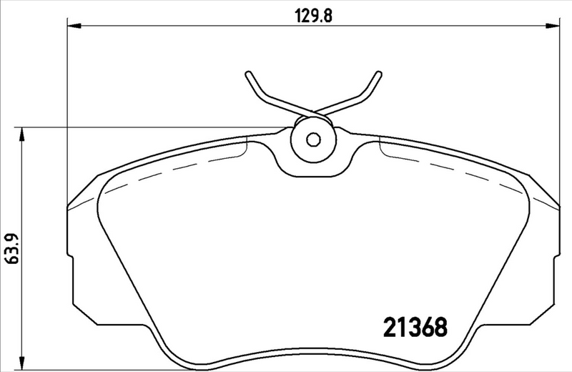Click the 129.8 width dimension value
[x=312, y=14]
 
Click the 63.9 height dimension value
[x=10, y=248]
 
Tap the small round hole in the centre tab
[x=312, y=139]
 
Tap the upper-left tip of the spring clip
[x=247, y=74]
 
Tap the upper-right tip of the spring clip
[x=376, y=74]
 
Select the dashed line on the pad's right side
[x=458, y=172]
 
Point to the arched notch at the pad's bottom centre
[x=312, y=351]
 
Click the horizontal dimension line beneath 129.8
[x=214, y=26]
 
